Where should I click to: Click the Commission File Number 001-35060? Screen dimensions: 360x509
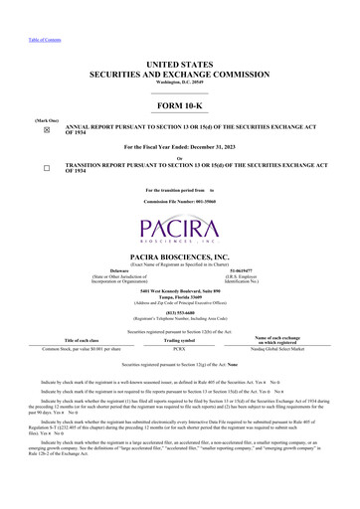(180, 200)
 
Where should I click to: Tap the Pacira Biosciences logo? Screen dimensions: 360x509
(180, 230)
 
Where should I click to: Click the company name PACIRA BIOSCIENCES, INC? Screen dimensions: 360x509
(180, 255)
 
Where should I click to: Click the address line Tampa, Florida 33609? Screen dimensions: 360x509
(180, 295)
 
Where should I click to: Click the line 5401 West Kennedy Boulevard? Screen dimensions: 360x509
(180, 289)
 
